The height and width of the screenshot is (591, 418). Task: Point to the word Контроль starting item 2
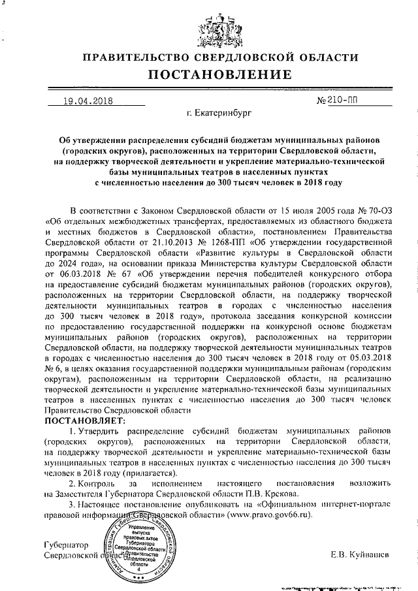click(x=97, y=483)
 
